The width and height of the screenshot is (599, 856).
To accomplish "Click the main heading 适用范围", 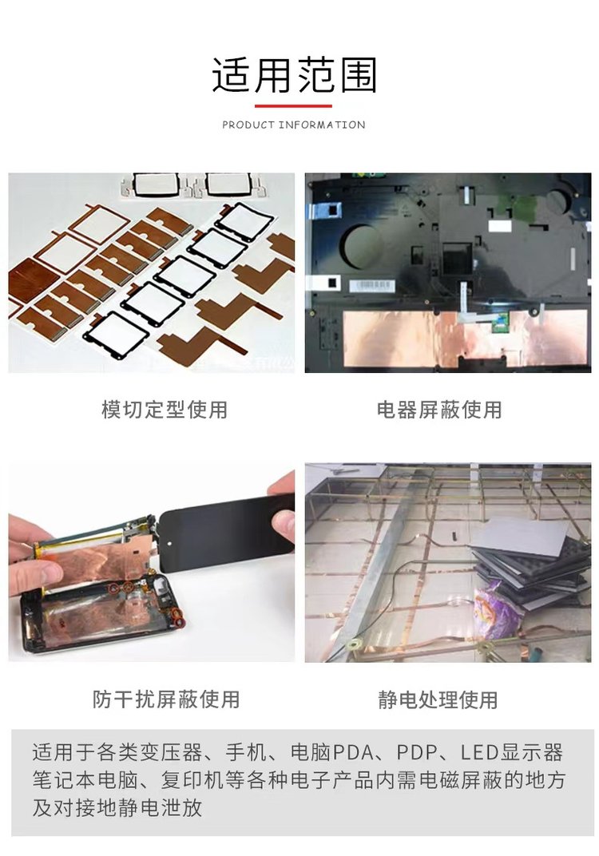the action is click(x=294, y=75).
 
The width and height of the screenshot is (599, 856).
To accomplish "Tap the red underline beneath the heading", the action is click(x=293, y=106).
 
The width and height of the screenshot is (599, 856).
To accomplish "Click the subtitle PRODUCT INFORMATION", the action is click(x=294, y=125).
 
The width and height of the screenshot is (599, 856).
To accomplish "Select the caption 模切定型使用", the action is click(x=165, y=410).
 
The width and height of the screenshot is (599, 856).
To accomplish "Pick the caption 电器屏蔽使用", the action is click(x=439, y=410).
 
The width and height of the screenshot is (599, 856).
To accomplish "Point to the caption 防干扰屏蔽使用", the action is click(x=166, y=699).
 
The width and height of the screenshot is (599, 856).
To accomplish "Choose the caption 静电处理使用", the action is click(x=438, y=699).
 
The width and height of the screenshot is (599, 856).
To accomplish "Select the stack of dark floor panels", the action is click(x=529, y=562).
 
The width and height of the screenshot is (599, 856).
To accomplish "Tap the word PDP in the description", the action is click(x=417, y=752).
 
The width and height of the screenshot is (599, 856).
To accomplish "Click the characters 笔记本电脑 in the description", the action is click(x=85, y=779).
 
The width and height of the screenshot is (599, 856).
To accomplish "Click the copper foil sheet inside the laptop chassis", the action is click(x=464, y=339).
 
